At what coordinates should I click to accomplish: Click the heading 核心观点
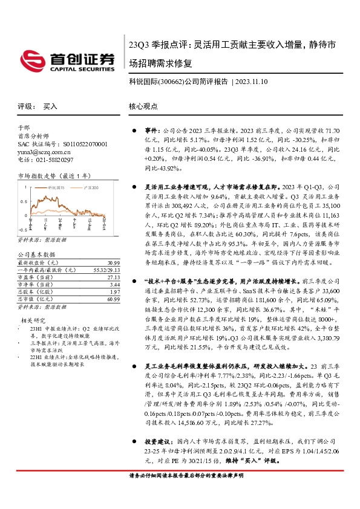click(x=143, y=106)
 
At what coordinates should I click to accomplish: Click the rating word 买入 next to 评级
click(x=50, y=106)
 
